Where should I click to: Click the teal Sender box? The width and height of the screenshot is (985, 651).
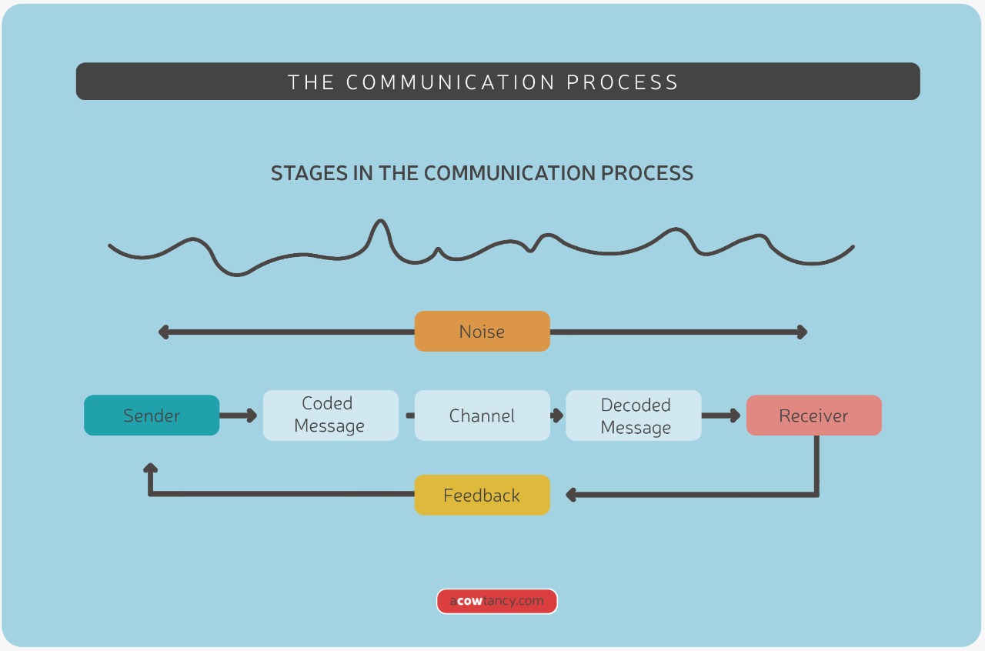pyautogui.click(x=152, y=416)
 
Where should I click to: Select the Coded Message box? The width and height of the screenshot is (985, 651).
pyautogui.click(x=331, y=416)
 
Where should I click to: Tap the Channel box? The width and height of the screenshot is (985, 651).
pyautogui.click(x=482, y=416)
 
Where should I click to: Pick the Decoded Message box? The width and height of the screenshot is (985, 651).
pyautogui.click(x=633, y=416)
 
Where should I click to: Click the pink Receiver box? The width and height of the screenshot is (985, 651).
pyautogui.click(x=813, y=416)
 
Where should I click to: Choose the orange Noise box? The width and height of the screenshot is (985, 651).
pyautogui.click(x=482, y=332)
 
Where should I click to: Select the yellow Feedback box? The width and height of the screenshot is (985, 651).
pyautogui.click(x=482, y=496)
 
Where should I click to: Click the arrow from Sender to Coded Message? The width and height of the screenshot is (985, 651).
pyautogui.click(x=239, y=416)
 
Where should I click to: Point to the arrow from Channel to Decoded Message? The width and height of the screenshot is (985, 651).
pyautogui.click(x=557, y=416)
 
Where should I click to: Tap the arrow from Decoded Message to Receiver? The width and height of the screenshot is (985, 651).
pyautogui.click(x=722, y=416)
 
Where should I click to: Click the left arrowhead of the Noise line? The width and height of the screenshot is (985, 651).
pyautogui.click(x=163, y=332)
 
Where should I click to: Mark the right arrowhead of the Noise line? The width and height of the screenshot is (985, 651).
pyautogui.click(x=802, y=332)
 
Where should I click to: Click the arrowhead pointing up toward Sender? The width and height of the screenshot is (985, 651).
pyautogui.click(x=151, y=468)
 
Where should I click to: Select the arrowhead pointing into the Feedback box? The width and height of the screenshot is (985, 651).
pyautogui.click(x=571, y=495)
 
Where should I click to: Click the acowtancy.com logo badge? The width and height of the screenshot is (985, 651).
pyautogui.click(x=497, y=601)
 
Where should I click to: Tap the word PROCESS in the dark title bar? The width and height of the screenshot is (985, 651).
pyautogui.click(x=623, y=82)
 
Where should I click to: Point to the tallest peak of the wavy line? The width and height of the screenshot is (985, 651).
pyautogui.click(x=379, y=223)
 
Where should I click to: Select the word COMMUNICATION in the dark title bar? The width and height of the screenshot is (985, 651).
pyautogui.click(x=450, y=82)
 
